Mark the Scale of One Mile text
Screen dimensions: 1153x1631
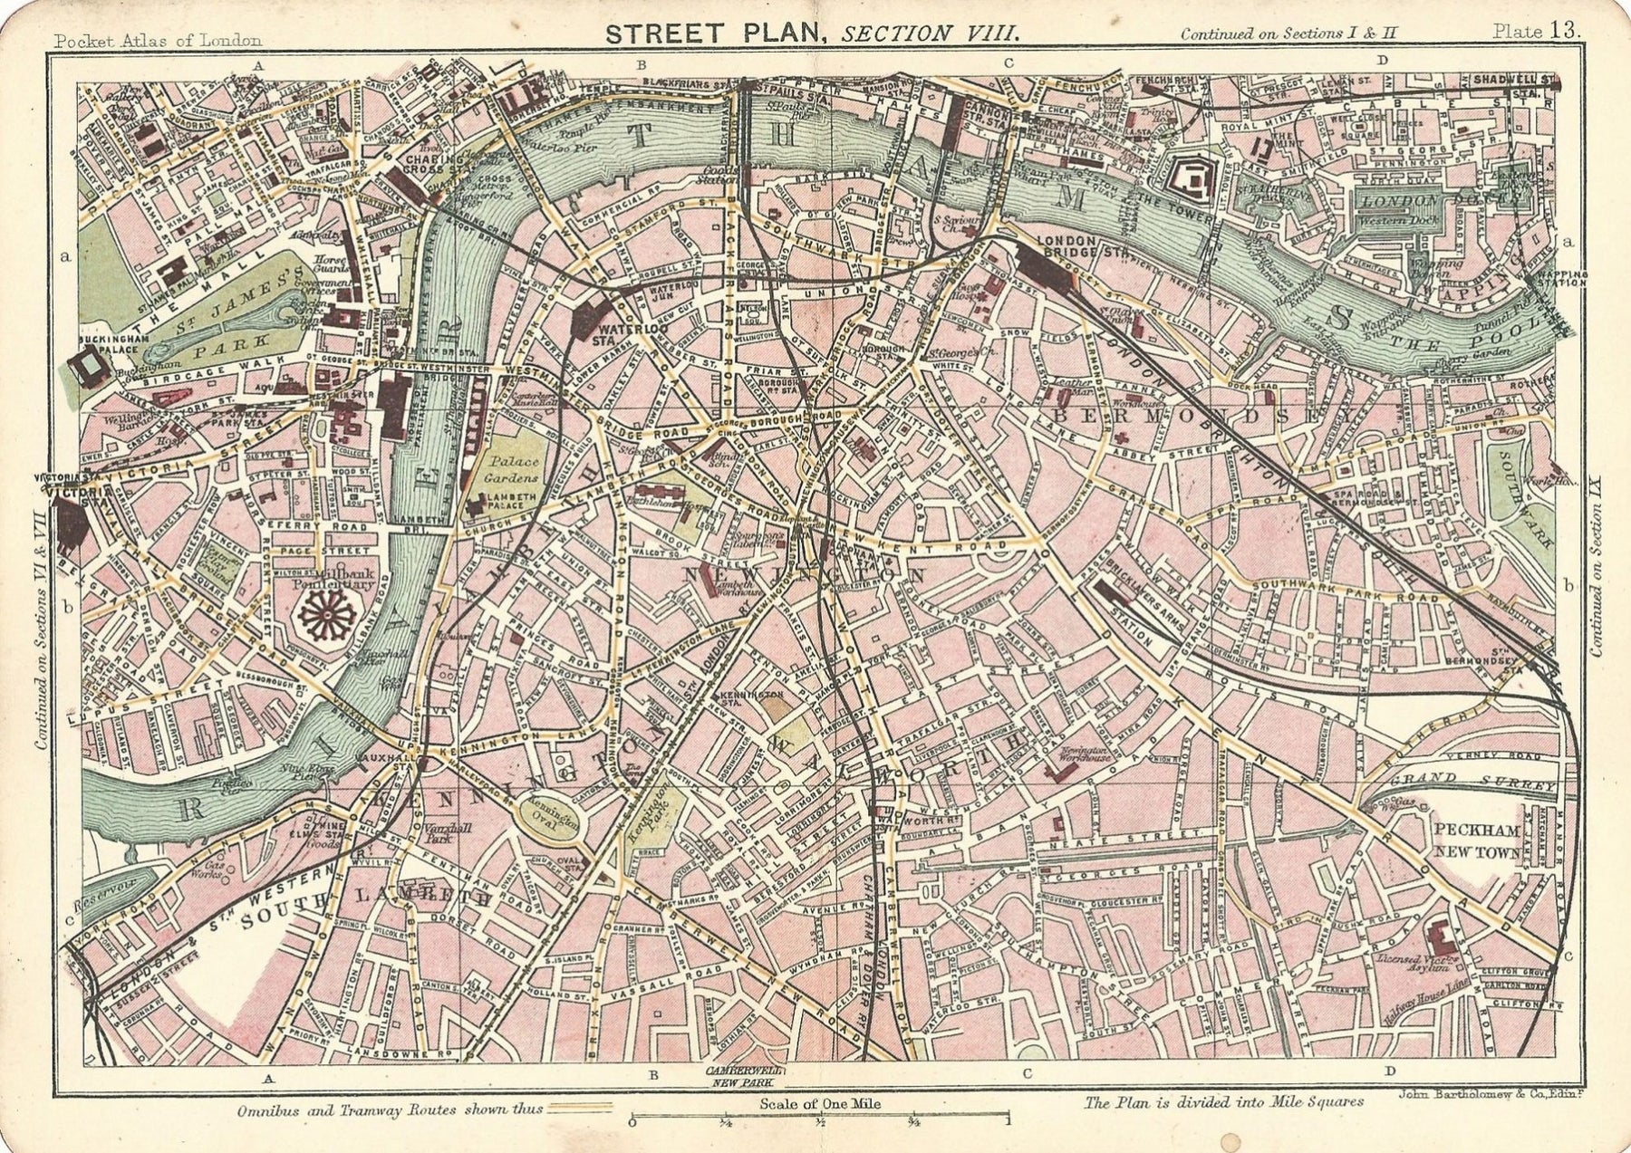[x=820, y=1104]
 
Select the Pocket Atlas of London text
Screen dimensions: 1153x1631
[x=158, y=40]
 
